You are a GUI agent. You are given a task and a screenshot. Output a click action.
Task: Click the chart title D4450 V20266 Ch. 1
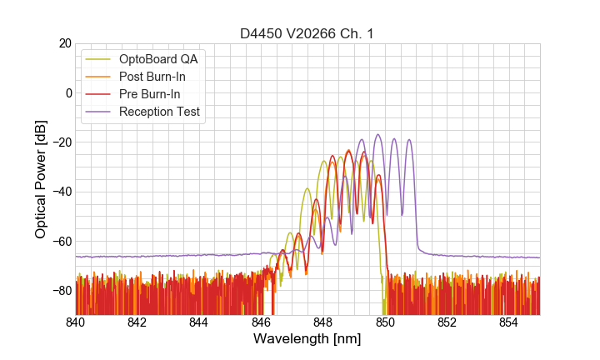[x=307, y=33]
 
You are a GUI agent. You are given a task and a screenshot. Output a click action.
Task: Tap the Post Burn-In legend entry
[x=152, y=77]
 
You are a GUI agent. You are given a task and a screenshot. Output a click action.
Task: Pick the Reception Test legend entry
[x=159, y=112]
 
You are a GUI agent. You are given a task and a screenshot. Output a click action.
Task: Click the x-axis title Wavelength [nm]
[x=307, y=339]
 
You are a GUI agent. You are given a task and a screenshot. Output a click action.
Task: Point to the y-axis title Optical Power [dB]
[x=41, y=178]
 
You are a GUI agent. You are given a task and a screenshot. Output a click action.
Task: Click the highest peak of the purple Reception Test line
[x=377, y=135]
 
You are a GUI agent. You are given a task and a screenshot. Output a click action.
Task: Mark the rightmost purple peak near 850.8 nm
[x=409, y=140]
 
